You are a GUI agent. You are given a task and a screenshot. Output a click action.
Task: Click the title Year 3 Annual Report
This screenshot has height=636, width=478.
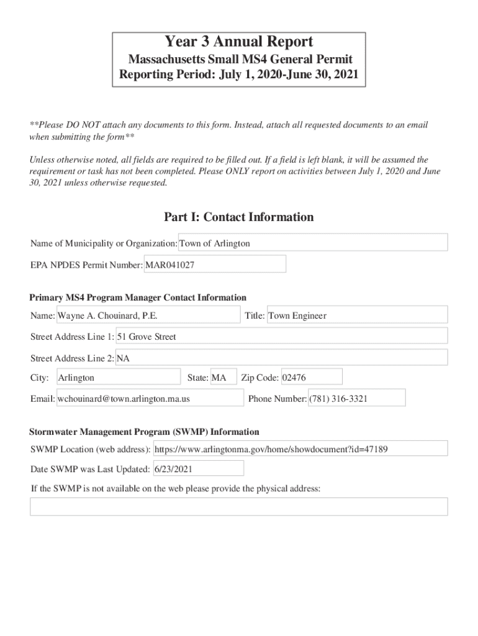pos(239,42)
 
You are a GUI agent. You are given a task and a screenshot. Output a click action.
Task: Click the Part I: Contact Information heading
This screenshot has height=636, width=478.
pos(239,217)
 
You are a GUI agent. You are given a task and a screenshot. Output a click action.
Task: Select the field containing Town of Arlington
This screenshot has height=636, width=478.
pos(313,243)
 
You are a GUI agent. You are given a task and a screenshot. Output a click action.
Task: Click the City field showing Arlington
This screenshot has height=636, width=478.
pos(118,378)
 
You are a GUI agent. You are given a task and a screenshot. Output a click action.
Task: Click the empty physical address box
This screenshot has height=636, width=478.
pos(239,507)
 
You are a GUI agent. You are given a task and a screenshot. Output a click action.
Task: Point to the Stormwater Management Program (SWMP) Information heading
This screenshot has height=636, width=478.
pos(145,432)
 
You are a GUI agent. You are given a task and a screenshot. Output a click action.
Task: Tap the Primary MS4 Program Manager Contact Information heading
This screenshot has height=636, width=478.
pos(138,298)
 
